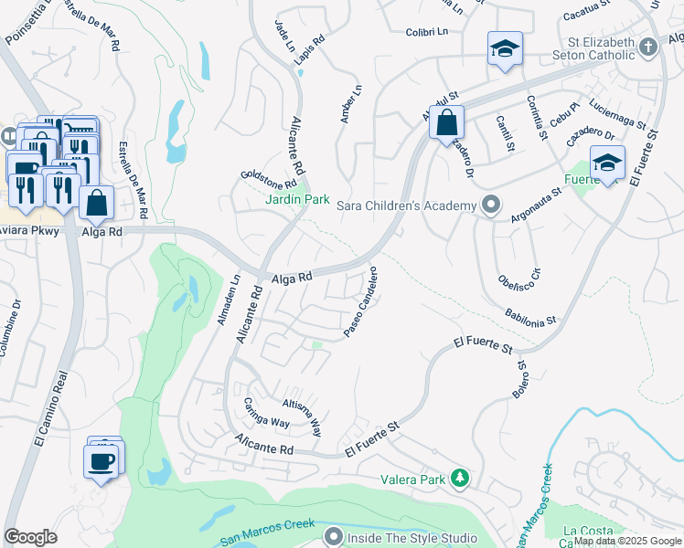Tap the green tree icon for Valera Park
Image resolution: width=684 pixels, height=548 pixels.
[x=461, y=477]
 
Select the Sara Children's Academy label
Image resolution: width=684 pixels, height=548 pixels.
[x=408, y=205]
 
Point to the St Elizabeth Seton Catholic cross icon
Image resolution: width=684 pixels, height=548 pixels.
[x=648, y=46]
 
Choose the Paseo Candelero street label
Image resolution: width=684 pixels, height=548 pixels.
[x=361, y=302]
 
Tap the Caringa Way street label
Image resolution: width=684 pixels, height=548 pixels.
[x=266, y=412]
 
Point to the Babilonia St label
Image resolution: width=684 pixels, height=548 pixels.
[x=530, y=317]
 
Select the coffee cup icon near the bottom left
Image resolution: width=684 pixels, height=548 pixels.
[x=101, y=460]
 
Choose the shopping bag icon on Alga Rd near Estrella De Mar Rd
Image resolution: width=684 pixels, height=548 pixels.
[x=96, y=203]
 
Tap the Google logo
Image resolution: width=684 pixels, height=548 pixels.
[x=31, y=537]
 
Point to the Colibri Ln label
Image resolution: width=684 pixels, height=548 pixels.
[x=427, y=32]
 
